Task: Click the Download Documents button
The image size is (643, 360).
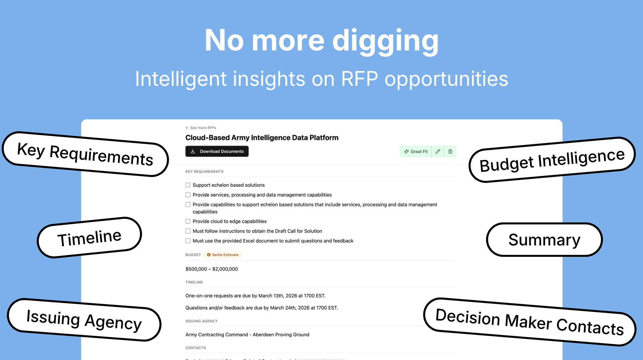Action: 217,151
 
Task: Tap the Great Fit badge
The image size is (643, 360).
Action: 416,152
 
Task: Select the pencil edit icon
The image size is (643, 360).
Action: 438,152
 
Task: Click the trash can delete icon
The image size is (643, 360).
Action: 450,152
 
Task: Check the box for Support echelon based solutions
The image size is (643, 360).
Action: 188,185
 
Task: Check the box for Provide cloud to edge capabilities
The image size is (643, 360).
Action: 188,221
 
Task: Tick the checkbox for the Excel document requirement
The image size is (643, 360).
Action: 188,241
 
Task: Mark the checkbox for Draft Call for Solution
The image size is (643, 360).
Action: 188,231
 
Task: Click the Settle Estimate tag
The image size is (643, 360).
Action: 223,255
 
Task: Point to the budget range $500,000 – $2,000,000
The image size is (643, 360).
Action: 212,269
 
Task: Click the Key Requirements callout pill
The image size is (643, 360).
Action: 85,154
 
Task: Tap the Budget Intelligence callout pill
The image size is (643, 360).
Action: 552,160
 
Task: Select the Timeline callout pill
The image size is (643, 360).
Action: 89,238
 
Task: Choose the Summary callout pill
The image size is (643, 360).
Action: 544,240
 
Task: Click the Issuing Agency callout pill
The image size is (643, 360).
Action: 84,320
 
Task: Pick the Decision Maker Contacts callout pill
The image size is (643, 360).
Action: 530,322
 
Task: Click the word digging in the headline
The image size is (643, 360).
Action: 385,41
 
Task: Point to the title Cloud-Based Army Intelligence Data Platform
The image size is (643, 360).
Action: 262,138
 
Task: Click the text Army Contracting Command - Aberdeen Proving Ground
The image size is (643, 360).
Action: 247,335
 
